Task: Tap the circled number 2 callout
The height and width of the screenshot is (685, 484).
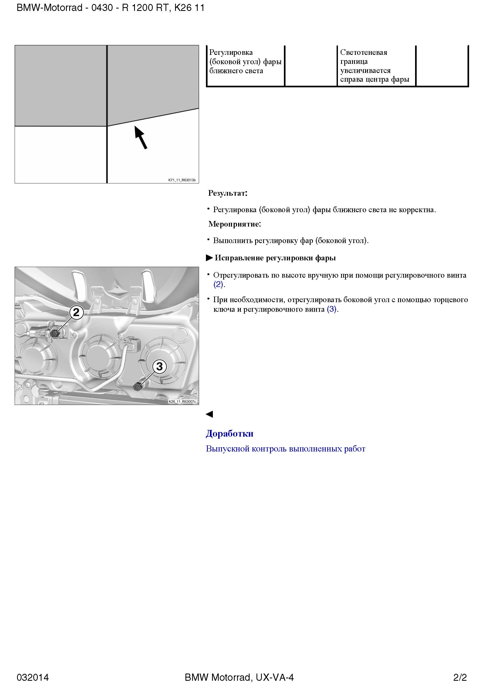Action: [x=76, y=312]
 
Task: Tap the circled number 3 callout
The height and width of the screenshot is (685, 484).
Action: [x=160, y=366]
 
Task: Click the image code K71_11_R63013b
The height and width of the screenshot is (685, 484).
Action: [x=182, y=180]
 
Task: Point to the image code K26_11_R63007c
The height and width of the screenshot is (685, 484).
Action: [x=182, y=401]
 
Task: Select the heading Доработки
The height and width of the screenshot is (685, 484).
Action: [x=229, y=433]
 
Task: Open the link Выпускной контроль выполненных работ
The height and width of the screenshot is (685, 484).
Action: [x=286, y=449]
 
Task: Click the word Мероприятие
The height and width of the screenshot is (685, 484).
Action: [x=234, y=224]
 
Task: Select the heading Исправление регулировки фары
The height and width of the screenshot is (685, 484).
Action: [x=275, y=258]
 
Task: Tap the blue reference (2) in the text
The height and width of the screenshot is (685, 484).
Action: [x=218, y=284]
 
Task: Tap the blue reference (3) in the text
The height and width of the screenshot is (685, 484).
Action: [x=332, y=309]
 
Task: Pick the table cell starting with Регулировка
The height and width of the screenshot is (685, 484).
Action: [x=245, y=61]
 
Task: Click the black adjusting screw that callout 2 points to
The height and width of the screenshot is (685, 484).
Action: [x=54, y=333]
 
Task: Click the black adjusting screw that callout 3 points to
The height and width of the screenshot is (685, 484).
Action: [x=138, y=387]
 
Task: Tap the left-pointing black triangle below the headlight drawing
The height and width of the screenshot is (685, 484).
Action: [x=209, y=414]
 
